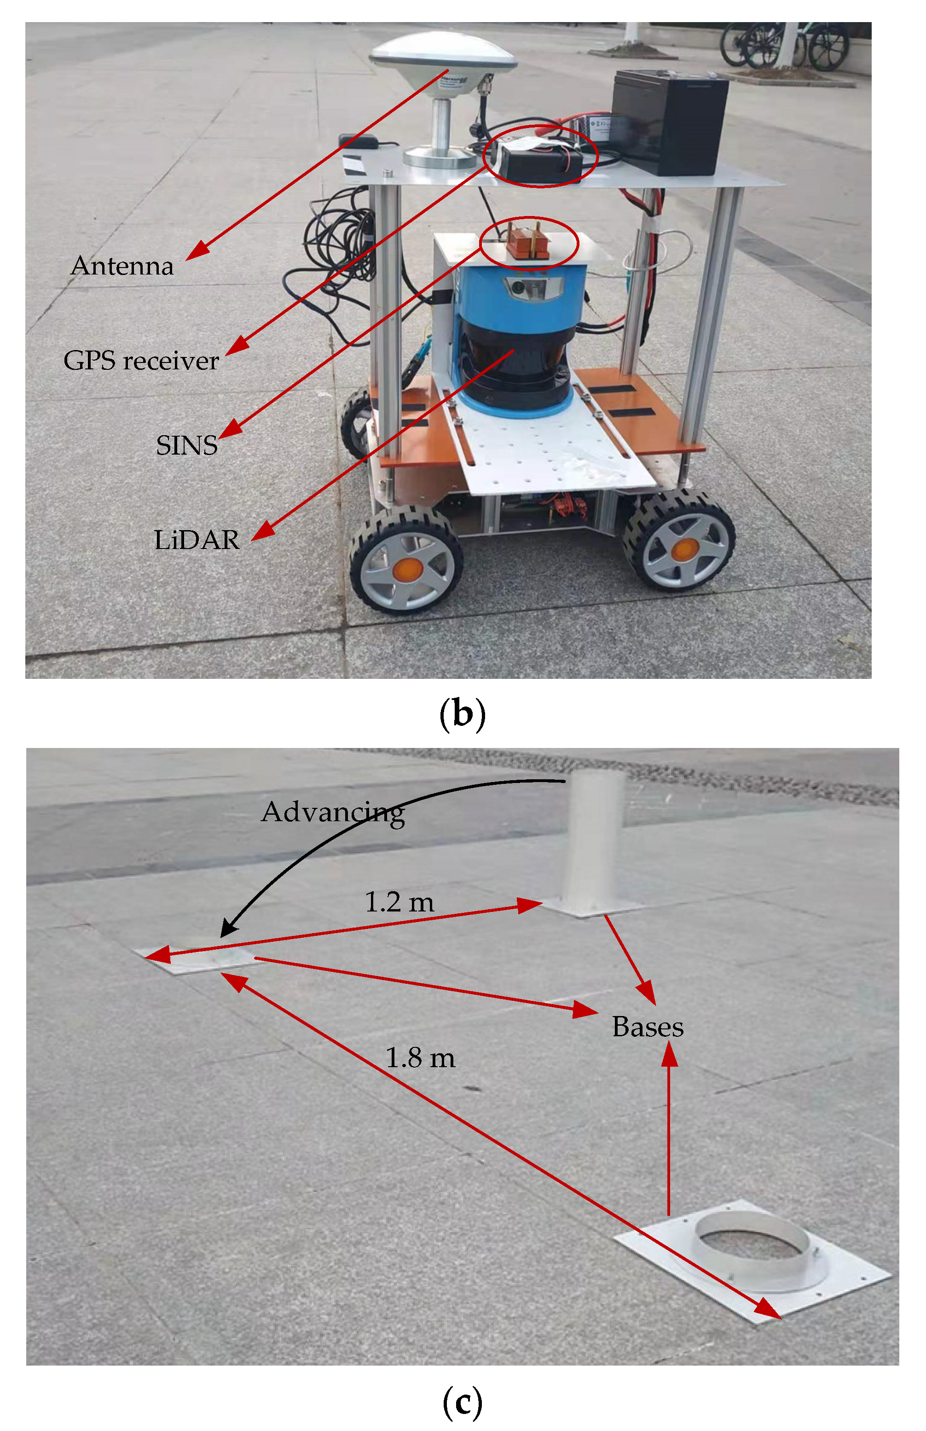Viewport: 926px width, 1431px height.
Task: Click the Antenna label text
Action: click(x=122, y=266)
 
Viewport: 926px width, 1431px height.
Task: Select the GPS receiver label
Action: click(x=141, y=361)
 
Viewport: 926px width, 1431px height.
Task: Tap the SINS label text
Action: click(x=186, y=445)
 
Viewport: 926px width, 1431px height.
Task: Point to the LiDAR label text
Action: click(x=197, y=539)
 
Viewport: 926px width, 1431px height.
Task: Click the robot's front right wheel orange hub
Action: click(x=684, y=549)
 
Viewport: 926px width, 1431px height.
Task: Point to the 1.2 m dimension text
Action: click(x=399, y=902)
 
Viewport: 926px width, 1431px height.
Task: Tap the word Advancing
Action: click(x=332, y=812)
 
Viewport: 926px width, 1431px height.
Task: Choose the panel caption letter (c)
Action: click(x=462, y=1402)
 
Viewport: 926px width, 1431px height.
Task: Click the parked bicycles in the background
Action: click(x=784, y=45)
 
